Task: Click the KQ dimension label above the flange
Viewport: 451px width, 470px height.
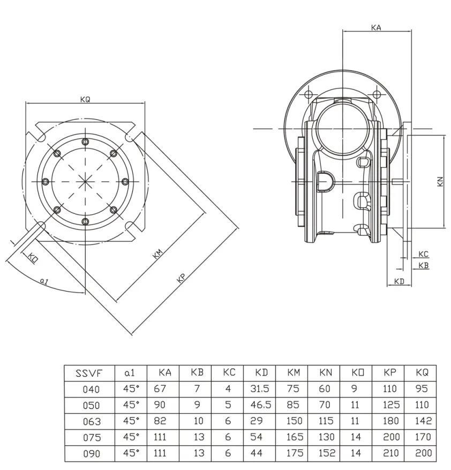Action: click(x=85, y=100)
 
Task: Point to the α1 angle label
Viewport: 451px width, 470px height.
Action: click(x=44, y=280)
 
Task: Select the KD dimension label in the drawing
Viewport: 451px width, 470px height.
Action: click(x=399, y=281)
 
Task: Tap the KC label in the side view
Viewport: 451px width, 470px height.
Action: click(x=423, y=254)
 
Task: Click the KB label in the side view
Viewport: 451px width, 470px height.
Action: click(x=423, y=265)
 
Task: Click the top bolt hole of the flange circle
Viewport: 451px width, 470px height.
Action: click(x=85, y=142)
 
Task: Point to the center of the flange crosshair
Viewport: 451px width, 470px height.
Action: click(x=85, y=182)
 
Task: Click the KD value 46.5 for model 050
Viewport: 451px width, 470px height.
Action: click(x=260, y=405)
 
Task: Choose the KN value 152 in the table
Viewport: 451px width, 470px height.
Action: click(x=326, y=453)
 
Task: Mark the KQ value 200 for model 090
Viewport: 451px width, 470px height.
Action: click(x=423, y=453)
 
